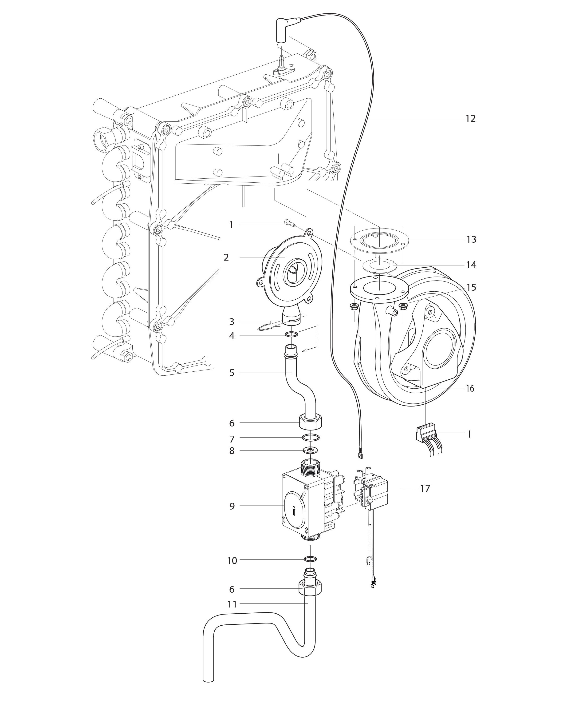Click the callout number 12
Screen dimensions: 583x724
[470, 119]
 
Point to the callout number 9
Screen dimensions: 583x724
[232, 515]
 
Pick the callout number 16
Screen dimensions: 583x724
[470, 389]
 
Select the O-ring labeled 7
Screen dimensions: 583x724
[310, 438]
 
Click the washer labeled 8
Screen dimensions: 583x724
[310, 450]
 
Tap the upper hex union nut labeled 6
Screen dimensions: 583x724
[310, 422]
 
